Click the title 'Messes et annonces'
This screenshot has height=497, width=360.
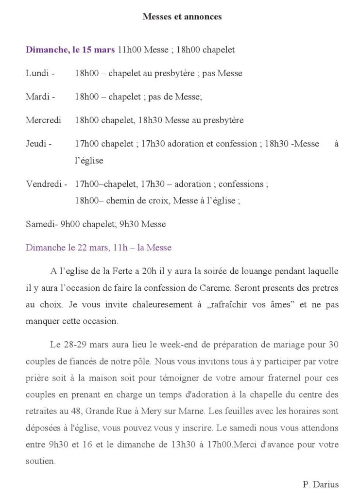pyautogui.click(x=182, y=17)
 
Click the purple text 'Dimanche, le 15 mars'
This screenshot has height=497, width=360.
pyautogui.click(x=70, y=50)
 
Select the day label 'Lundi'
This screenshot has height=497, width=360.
pyautogui.click(x=37, y=73)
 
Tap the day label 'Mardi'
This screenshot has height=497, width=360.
pyautogui.click(x=37, y=97)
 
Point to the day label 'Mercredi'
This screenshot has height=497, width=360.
pyautogui.click(x=43, y=120)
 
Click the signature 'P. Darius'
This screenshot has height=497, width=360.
pyautogui.click(x=320, y=484)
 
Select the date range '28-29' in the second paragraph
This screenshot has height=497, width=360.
pyautogui.click(x=74, y=345)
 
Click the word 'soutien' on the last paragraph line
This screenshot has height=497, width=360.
pyautogui.click(x=40, y=461)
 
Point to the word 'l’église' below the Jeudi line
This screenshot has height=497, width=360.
pyautogui.click(x=89, y=160)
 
